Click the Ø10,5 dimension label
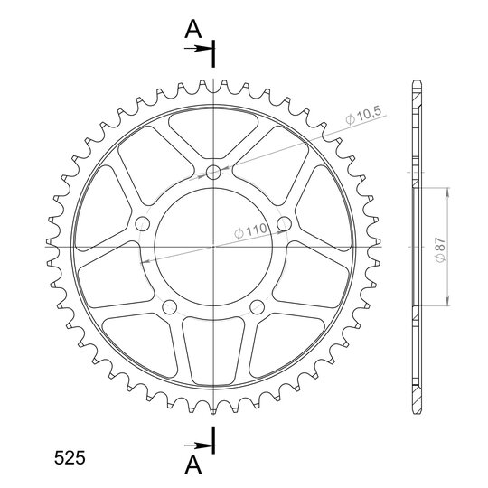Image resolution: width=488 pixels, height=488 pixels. pos(363,116)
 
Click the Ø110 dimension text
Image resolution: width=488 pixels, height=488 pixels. pos(250,230)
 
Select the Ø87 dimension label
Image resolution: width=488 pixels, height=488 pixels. pos(441,249)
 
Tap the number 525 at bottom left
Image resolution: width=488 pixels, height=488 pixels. pos(70,458)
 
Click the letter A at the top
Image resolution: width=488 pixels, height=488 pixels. pos(193,29)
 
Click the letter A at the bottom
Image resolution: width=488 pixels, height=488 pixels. pos(193,465)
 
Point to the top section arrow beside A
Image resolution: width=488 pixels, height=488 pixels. pos(199,49)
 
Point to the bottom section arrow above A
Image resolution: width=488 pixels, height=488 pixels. pos(199,446)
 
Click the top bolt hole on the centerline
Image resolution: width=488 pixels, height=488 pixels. pos(213,172)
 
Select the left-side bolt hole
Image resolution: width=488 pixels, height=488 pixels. pos(143,224)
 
